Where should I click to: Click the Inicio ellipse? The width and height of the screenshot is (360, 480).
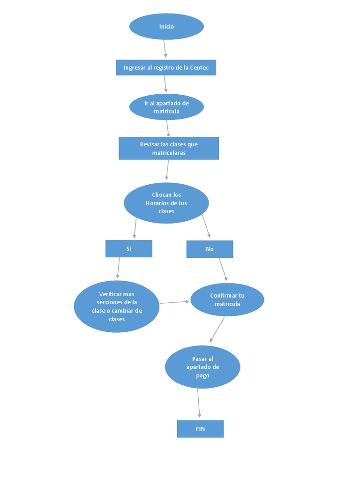coord(166,27)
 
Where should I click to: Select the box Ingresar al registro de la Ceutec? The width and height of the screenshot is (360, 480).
coord(166,67)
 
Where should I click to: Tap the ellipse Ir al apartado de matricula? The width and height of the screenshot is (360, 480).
coord(166,107)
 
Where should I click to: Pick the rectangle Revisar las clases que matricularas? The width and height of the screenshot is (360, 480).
coord(169,148)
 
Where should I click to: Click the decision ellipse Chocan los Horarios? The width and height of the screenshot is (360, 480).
coord(166,203)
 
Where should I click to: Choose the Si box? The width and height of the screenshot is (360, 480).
coord(129,248)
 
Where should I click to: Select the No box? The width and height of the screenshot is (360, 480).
coord(210,249)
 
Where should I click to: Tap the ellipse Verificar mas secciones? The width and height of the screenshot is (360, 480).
coord(117,307)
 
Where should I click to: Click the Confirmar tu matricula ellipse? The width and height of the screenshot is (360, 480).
coord(227,300)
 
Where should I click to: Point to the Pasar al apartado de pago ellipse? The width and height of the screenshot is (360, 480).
coord(202,367)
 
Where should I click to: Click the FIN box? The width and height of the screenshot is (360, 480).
coord(200,428)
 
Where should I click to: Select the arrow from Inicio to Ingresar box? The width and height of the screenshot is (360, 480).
coord(165,49)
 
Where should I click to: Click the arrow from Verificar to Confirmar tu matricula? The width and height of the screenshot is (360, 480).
coord(175,302)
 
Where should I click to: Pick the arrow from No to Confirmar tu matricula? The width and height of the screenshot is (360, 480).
coord(223,270)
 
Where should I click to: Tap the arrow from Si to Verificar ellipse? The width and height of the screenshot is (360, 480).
coord(118,268)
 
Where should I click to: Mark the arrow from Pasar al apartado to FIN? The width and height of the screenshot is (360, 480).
coord(199,403)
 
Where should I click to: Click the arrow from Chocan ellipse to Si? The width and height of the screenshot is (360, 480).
coord(135,228)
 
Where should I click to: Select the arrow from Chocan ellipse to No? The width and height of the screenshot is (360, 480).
coord(206,226)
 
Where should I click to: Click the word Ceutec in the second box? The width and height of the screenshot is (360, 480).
coord(202,67)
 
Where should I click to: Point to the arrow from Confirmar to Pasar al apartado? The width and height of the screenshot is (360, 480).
coord(217,330)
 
